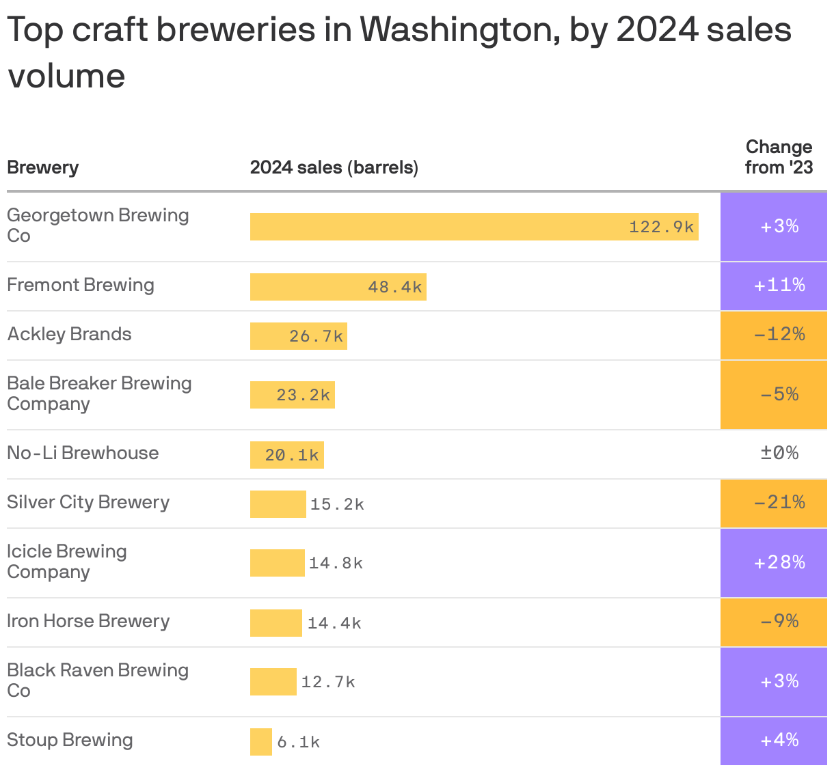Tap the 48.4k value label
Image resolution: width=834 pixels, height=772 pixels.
394,287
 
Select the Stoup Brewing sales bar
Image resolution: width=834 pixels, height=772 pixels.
261,741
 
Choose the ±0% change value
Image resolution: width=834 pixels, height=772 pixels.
779,453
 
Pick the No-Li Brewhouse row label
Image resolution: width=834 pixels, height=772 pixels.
83,453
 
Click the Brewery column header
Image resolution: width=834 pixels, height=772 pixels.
42,167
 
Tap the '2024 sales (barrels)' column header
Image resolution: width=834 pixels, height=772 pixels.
334,167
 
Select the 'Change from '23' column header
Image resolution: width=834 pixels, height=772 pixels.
779,157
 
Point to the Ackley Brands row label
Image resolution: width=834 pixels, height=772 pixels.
69,334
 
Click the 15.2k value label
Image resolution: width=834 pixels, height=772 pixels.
337,504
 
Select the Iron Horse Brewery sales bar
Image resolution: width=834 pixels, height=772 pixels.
275,622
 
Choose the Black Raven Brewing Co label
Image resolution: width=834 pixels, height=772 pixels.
97,680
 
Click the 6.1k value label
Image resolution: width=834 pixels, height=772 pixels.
298,742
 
